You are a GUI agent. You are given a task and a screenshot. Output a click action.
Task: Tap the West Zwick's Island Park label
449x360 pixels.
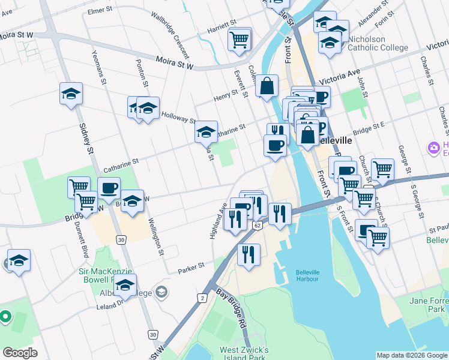coord(235,354)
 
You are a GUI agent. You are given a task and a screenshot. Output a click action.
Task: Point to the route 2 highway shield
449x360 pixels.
coord(203,298)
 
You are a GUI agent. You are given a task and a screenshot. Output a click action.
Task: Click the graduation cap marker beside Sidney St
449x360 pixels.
coord(71,95)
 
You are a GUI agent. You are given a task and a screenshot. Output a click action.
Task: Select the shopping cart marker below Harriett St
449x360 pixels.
coord(239,40)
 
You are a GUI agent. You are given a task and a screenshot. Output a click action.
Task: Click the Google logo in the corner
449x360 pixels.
coord(20,353)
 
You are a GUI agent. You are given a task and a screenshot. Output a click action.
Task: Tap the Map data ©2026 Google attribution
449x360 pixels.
coord(411,355)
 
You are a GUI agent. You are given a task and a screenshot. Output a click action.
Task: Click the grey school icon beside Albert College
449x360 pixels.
coord(160,292)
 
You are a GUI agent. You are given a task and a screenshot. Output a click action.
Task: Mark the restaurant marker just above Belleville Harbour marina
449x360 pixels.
coord(249,254)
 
